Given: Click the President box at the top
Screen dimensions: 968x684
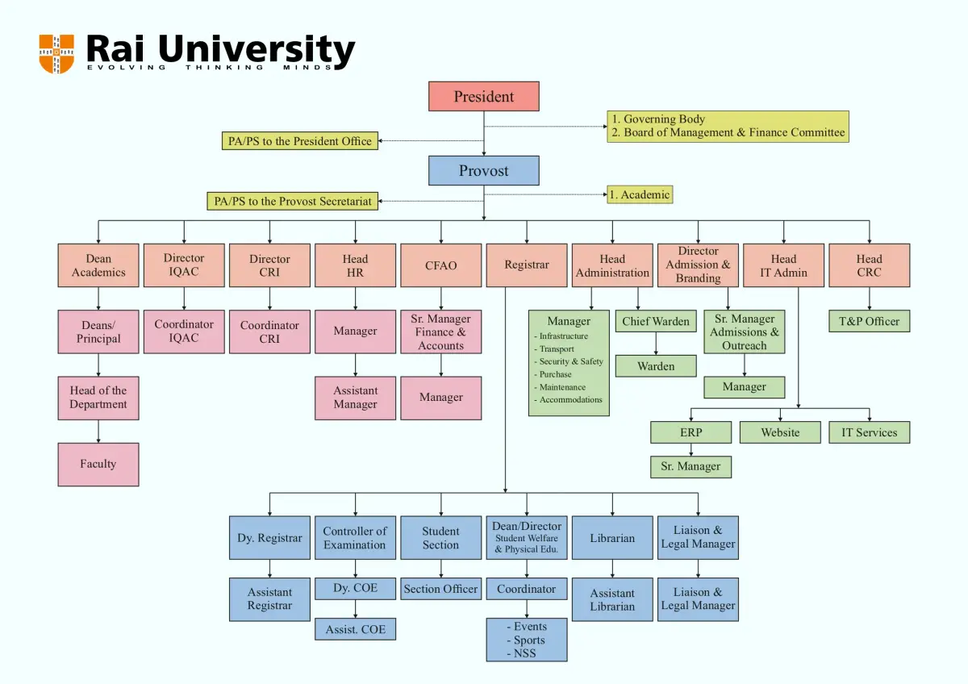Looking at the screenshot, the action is [483, 96].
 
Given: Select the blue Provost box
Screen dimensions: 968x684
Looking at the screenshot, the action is [483, 171].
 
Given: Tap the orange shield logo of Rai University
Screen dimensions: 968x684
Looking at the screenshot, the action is [56, 53].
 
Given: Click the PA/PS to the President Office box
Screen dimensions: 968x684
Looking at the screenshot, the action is [300, 141].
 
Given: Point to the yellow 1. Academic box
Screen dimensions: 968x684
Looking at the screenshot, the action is [640, 194].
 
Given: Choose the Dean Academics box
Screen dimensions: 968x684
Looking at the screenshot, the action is [98, 265].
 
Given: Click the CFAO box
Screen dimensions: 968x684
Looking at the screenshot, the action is [440, 265].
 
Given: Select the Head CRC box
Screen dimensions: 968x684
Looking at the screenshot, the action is [869, 265].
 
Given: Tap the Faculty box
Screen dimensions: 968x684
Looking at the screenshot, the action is [98, 465].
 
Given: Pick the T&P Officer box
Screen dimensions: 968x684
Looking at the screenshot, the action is [869, 321].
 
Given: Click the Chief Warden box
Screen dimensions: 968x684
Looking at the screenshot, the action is [656, 321].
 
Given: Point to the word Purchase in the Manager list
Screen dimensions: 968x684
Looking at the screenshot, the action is [555, 374].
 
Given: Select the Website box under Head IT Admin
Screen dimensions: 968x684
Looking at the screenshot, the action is [780, 432].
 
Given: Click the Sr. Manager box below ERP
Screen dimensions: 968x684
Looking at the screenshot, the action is [691, 467].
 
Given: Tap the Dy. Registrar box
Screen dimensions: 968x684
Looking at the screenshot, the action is [269, 537].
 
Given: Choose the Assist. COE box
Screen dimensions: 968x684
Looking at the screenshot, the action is [355, 629].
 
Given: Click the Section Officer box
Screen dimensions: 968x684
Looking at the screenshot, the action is [440, 589].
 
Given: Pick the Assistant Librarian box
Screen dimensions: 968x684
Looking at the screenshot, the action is [612, 600].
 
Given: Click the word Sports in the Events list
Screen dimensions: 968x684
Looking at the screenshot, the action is [529, 640].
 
